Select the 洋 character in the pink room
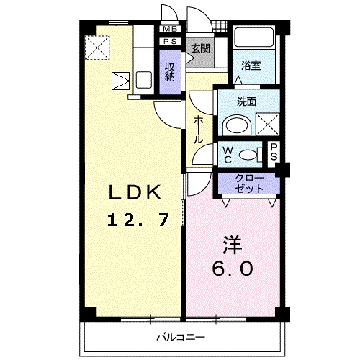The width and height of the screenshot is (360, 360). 230,245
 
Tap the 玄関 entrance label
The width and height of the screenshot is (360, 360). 200,49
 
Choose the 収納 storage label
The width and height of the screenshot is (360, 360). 170,71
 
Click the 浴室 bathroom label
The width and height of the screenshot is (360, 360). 251,65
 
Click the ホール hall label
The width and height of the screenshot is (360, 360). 198,130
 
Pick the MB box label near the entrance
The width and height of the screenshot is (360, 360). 170,29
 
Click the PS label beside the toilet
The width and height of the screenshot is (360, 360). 274,153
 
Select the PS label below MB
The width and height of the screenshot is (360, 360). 170,42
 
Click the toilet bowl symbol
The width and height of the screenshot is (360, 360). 249,153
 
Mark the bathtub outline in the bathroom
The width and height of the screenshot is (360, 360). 253,41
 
